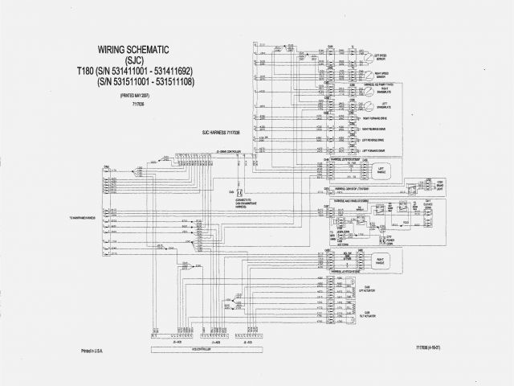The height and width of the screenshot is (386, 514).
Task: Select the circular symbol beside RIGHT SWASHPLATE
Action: point(369,92)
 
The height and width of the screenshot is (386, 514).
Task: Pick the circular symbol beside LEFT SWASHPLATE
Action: point(369,108)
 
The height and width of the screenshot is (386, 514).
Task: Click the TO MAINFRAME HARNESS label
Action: point(83,217)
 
